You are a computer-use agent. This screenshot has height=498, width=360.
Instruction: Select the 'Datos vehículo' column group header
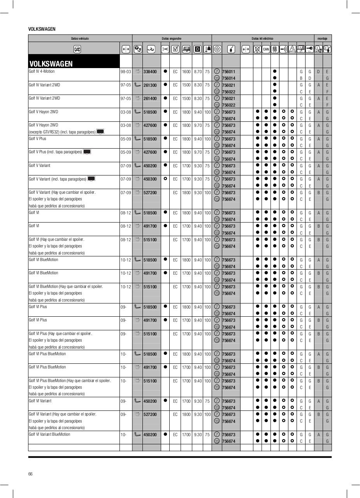tap(80, 39)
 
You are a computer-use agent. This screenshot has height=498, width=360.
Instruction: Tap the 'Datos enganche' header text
tap(172, 39)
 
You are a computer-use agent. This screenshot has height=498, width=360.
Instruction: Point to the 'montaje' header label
tap(322, 39)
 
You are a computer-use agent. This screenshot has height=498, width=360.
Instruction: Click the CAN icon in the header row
tap(266, 49)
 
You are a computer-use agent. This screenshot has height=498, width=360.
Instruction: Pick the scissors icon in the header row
tap(165, 49)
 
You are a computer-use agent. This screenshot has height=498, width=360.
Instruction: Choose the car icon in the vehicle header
tap(77, 49)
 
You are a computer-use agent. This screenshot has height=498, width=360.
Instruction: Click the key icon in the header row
tap(309, 49)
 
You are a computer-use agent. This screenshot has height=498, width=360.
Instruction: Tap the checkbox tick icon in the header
tap(175, 49)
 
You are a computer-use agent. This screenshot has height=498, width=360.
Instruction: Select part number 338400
tap(150, 72)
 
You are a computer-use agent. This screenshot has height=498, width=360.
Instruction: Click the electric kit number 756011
tap(228, 72)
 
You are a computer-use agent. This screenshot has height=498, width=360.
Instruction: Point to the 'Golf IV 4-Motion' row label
tap(42, 72)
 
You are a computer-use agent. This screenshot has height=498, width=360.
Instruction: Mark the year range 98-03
tap(126, 72)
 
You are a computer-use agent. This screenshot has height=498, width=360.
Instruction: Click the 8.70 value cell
tap(198, 72)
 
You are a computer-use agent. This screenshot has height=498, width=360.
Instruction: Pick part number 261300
tap(150, 85)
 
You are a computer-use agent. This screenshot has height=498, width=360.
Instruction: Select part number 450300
tap(150, 179)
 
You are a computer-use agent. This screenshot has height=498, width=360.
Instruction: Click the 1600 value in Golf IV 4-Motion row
tap(186, 72)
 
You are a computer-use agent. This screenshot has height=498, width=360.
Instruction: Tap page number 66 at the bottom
tap(30, 473)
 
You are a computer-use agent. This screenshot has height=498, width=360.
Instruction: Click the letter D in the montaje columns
tap(318, 72)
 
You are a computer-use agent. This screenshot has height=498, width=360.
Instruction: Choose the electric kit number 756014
tap(228, 78)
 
